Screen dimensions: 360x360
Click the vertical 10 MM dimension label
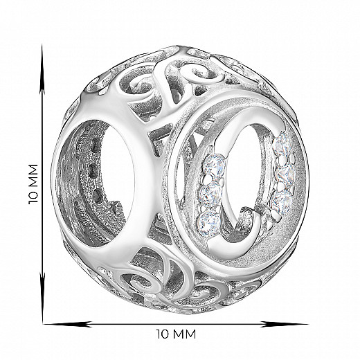tap(33, 184)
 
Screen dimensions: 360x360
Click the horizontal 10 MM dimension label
tap(176, 334)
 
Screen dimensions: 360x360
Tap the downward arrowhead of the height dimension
tap(42, 298)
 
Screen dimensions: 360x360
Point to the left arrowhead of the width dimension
tap(68, 324)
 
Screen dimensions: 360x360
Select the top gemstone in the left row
tap(214, 165)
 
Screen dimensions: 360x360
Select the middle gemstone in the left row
tap(210, 192)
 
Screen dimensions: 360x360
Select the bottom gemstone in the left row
tap(208, 221)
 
